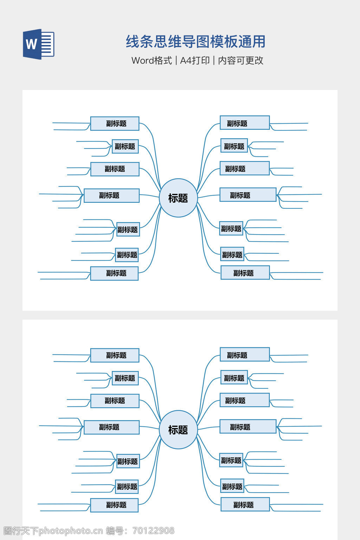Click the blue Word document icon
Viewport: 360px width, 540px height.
pos(39,44)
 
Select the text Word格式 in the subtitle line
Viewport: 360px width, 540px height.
pos(152,60)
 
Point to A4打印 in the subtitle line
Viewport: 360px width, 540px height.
pos(195,60)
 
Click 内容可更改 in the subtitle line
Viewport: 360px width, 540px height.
pos(241,60)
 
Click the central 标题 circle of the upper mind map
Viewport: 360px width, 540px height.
pos(178,198)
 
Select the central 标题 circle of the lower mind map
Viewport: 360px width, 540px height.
pos(178,430)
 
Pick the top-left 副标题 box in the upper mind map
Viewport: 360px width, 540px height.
pos(115,123)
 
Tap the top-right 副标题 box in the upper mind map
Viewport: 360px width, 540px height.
pos(245,123)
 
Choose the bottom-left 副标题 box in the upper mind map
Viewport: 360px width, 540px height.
pos(114,273)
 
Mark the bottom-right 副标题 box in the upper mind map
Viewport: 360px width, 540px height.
pos(245,273)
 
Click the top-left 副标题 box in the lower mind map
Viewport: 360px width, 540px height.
pos(115,355)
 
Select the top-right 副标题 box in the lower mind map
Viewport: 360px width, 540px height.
pos(245,354)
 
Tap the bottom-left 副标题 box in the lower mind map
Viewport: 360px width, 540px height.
pos(114,505)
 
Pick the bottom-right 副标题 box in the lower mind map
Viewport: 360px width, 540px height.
pos(245,504)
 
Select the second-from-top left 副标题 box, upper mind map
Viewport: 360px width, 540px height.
pos(125,146)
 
